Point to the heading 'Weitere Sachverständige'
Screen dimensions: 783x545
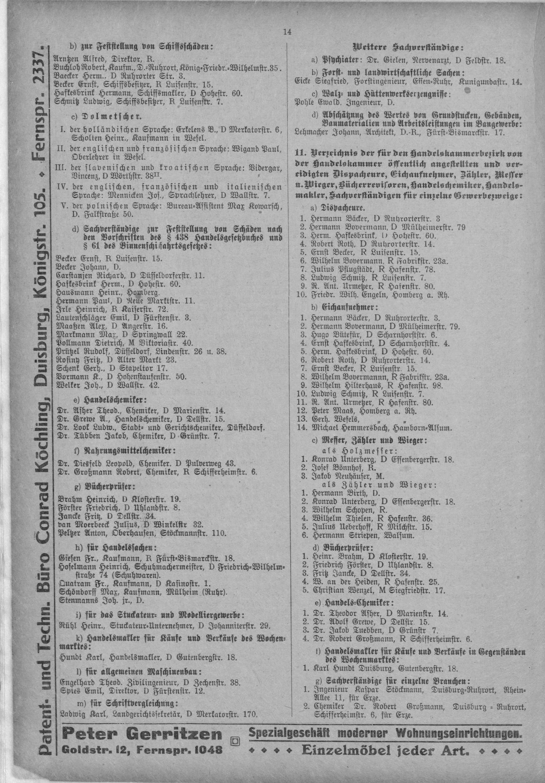[408, 47]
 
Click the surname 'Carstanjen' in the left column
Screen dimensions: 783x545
[71, 276]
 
